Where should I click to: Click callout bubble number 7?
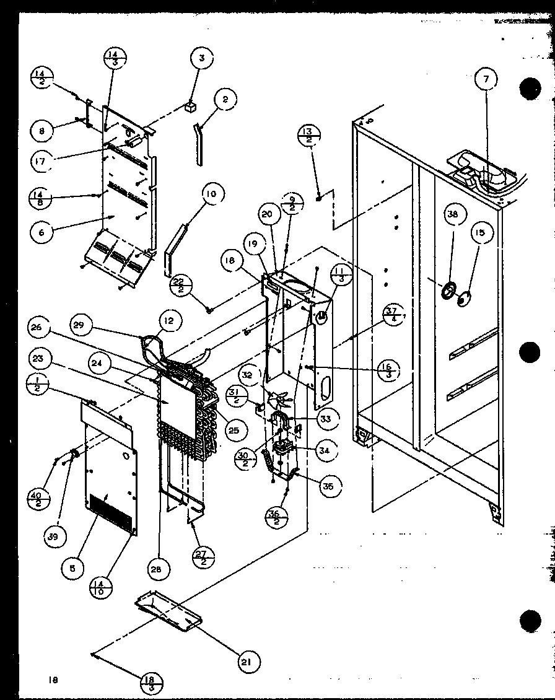(486, 79)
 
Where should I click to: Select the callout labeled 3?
(201, 60)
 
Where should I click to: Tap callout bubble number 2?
(225, 98)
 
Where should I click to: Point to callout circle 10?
(211, 195)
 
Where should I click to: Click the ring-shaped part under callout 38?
(448, 290)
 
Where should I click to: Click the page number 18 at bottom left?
(53, 680)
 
